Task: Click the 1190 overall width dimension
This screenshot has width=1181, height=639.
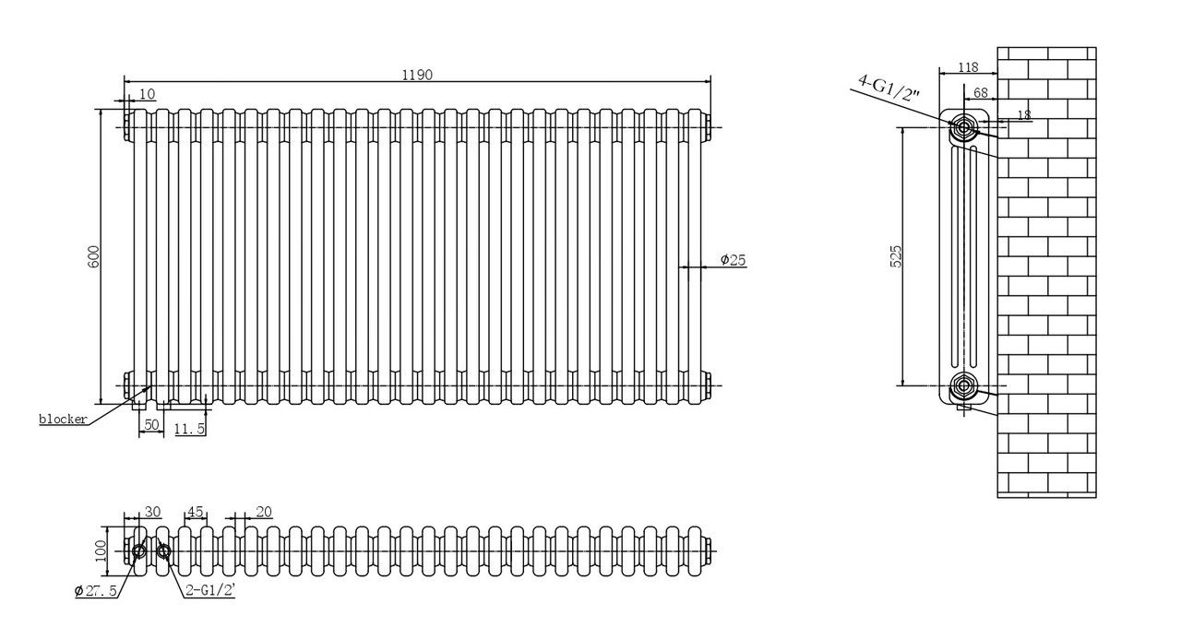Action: point(417,75)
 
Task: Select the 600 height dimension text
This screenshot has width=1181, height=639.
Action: point(93,256)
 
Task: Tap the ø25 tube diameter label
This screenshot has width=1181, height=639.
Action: point(734,260)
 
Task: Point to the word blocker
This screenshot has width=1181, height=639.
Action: point(64,420)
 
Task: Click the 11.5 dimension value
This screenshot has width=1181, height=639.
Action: point(189,429)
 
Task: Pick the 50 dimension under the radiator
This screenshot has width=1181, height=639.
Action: point(151,424)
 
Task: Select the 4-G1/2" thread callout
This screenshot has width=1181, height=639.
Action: point(889,88)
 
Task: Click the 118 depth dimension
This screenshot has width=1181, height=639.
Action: point(968,67)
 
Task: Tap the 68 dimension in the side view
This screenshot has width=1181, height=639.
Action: point(981,93)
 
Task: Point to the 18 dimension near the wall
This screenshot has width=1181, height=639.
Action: point(1024,114)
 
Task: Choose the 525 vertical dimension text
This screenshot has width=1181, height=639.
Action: point(896,256)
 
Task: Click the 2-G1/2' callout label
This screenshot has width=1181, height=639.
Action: point(209,590)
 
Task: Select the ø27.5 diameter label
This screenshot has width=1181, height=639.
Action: point(95,591)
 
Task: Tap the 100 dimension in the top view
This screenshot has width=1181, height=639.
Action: point(101,551)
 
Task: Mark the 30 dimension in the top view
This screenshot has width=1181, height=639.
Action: point(152,512)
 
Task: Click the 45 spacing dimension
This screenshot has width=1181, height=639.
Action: point(195,512)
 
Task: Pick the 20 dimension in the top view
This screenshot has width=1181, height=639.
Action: point(264,512)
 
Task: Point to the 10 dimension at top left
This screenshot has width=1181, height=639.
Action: point(147,94)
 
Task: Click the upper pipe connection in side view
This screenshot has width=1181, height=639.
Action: point(964,127)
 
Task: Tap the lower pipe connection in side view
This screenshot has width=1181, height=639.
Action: point(964,385)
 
